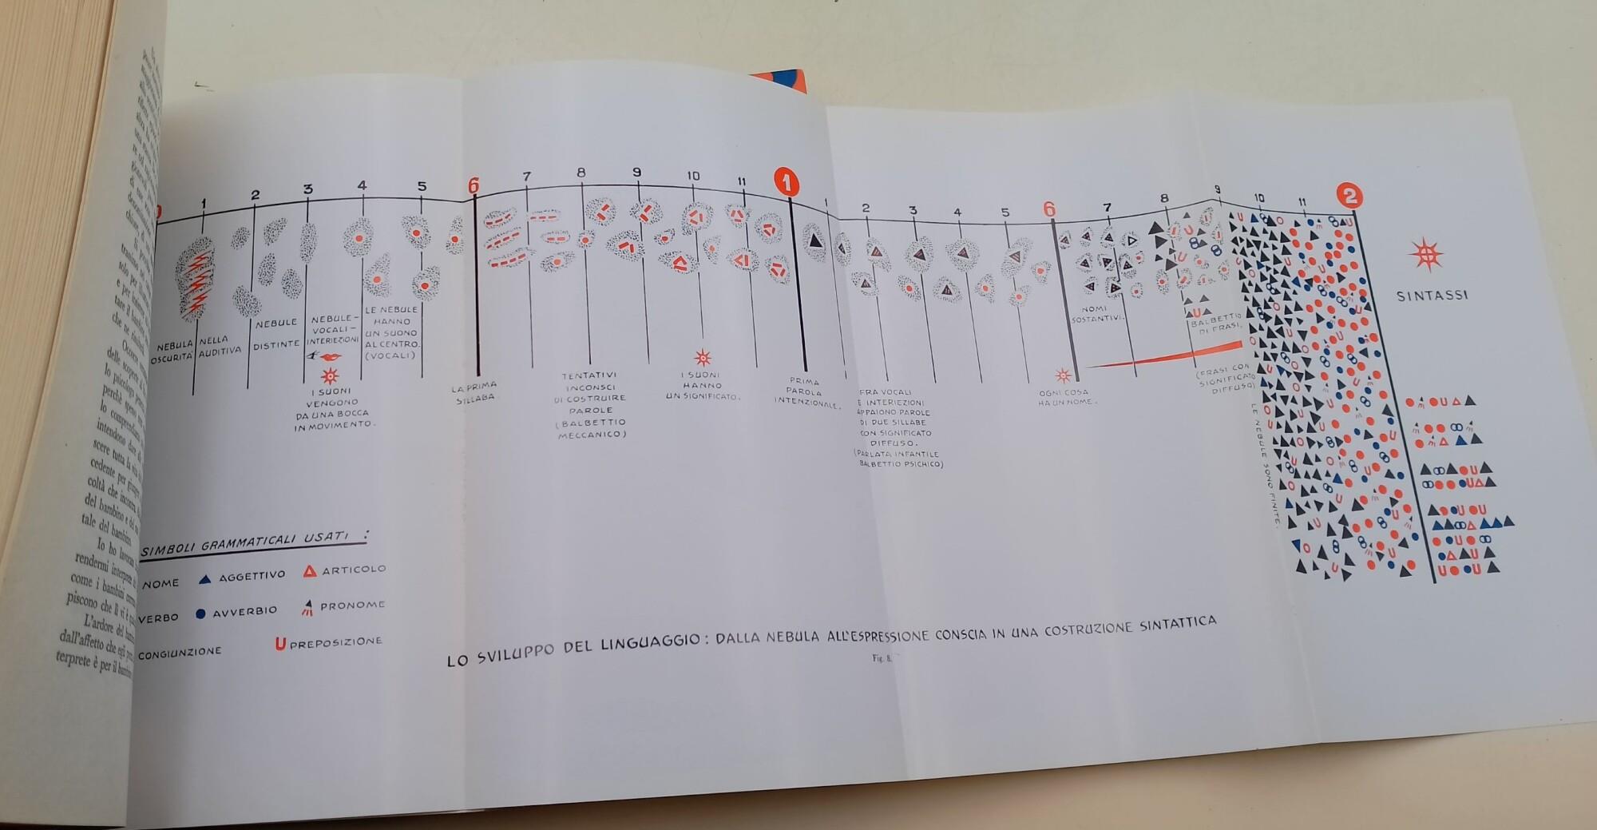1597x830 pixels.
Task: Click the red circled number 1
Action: [x=787, y=183]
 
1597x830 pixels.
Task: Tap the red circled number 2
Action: [x=1349, y=196]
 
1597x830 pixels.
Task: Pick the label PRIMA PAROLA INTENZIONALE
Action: [x=805, y=392]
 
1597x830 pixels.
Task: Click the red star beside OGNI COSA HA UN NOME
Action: [x=1063, y=375]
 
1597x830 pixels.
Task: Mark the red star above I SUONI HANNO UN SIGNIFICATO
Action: [x=703, y=357]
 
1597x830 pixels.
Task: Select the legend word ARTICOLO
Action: [x=354, y=570]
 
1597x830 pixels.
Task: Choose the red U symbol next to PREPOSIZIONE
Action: [x=280, y=643]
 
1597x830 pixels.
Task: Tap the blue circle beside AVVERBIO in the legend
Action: [x=200, y=614]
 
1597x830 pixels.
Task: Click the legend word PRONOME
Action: [x=352, y=606]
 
